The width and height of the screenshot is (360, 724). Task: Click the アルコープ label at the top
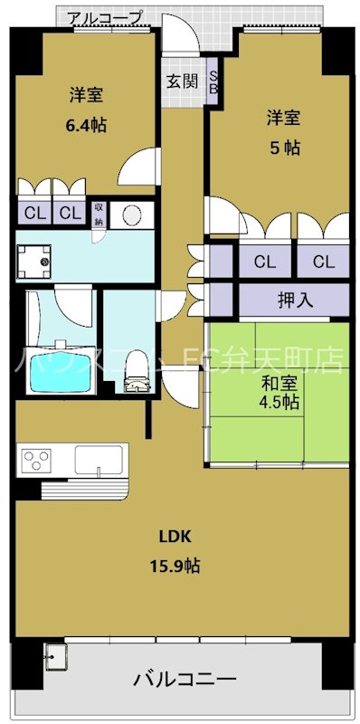pyautogui.click(x=105, y=17)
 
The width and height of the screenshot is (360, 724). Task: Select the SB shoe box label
pyautogui.click(x=213, y=81)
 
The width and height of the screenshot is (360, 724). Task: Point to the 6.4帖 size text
pyautogui.click(x=86, y=125)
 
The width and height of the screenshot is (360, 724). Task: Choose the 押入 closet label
pyautogui.click(x=295, y=299)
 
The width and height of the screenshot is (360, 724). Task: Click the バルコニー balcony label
pyautogui.click(x=185, y=679)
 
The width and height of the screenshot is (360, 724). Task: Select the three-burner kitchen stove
pyautogui.click(x=35, y=461)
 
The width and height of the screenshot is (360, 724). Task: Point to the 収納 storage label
pyautogui.click(x=99, y=214)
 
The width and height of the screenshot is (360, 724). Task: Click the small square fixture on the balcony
pyautogui.click(x=55, y=655)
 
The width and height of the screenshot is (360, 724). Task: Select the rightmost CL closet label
pyautogui.click(x=323, y=262)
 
